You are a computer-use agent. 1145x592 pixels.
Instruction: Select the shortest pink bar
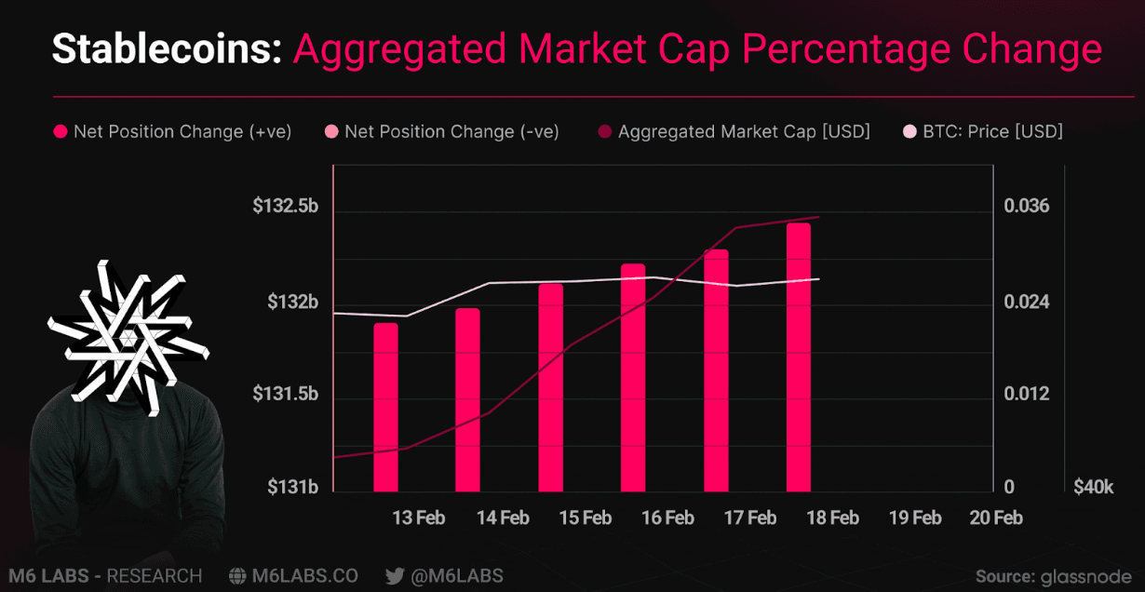click(385, 407)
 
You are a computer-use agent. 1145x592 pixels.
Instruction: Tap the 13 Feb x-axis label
click(418, 518)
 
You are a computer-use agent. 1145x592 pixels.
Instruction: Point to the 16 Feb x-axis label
click(667, 518)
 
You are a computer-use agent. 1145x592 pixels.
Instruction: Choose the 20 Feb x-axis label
click(995, 518)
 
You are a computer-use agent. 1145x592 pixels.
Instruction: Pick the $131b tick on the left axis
click(293, 487)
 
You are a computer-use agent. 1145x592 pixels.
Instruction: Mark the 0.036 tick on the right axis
click(1027, 206)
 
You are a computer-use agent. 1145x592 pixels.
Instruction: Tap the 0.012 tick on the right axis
click(1027, 394)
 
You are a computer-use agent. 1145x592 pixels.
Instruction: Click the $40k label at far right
click(1093, 487)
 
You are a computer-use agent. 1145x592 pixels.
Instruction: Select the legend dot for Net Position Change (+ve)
click(61, 132)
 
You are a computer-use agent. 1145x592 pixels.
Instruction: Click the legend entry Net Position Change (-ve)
click(451, 132)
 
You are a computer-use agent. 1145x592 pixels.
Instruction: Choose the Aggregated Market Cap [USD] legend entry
click(743, 132)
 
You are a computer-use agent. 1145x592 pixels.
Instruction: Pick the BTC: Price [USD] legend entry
click(991, 132)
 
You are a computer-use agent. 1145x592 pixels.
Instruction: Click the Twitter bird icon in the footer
click(395, 576)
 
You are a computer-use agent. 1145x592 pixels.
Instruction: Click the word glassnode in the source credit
click(1087, 576)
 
